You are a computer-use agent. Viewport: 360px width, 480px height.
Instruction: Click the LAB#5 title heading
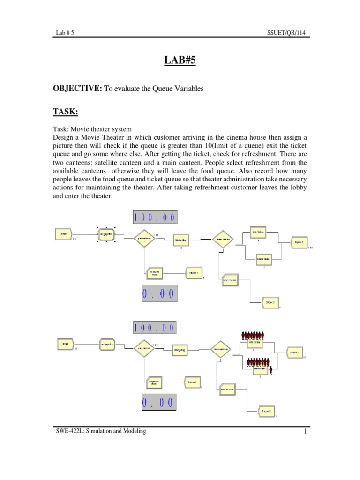point(180,61)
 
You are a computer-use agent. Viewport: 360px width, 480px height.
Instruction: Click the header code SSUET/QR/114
point(289,33)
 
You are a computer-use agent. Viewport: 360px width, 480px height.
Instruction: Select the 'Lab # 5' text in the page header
point(64,33)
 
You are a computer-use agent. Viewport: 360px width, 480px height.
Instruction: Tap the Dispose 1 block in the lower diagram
point(193,382)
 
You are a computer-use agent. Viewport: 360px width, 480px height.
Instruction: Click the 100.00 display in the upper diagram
point(155,217)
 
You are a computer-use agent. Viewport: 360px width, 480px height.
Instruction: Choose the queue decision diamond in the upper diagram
point(144,238)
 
